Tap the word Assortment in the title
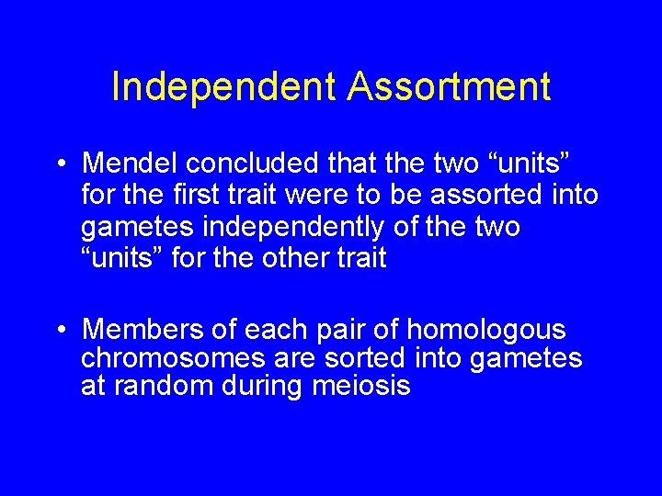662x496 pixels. (x=449, y=87)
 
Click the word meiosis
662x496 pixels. (x=361, y=386)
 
